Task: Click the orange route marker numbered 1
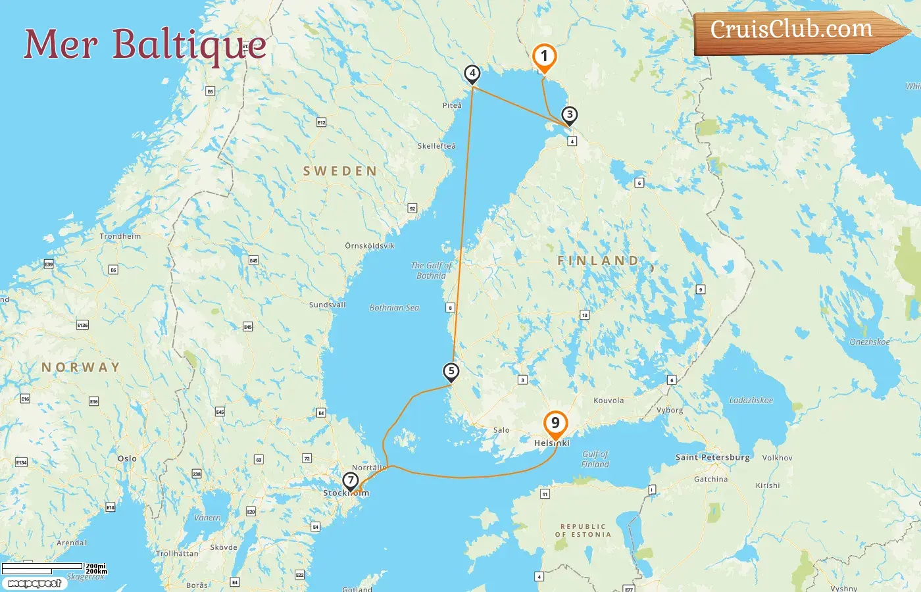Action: click(x=544, y=57)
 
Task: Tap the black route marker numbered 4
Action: click(x=472, y=74)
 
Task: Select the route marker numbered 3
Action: click(x=570, y=115)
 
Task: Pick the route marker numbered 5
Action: click(x=451, y=371)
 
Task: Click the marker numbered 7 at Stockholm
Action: click(x=351, y=481)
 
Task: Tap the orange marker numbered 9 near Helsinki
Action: click(x=555, y=424)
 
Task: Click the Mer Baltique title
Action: click(x=145, y=44)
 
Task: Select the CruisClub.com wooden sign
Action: click(x=792, y=30)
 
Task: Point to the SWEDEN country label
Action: click(x=340, y=171)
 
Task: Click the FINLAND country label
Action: click(x=598, y=260)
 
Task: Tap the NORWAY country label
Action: click(x=81, y=367)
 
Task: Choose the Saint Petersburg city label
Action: click(x=712, y=457)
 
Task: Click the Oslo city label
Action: click(x=127, y=458)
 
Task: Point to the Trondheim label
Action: click(x=120, y=236)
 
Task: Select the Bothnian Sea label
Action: click(x=394, y=308)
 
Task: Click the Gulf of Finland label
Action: click(x=595, y=459)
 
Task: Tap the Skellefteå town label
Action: click(x=436, y=146)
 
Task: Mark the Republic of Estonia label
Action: click(x=583, y=531)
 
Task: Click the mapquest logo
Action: click(x=34, y=583)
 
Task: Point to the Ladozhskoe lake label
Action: click(x=751, y=400)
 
